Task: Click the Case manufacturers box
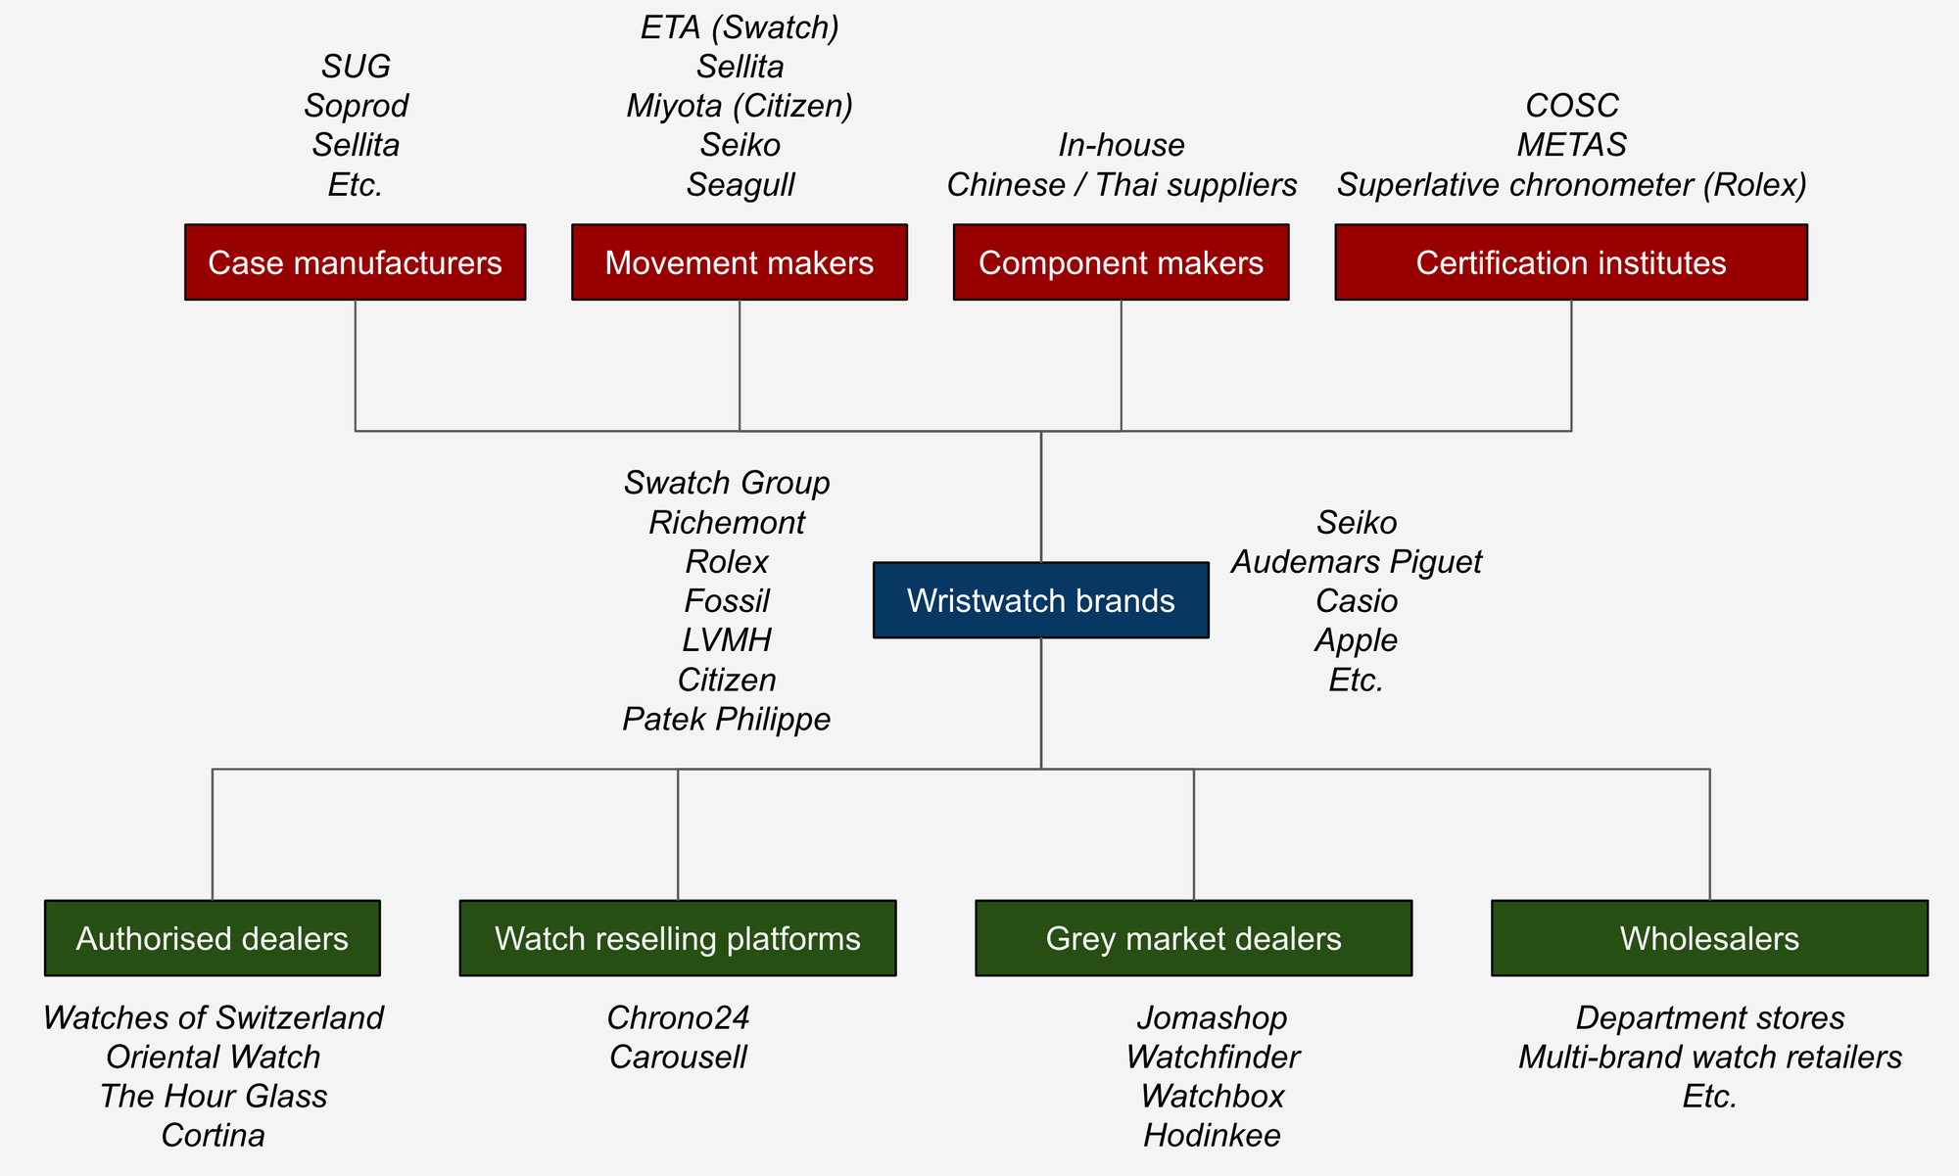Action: point(355,262)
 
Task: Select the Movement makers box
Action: point(739,262)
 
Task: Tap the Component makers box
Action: point(1121,262)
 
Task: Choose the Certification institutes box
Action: point(1570,262)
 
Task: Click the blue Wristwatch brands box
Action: point(1040,600)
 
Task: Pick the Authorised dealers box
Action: point(212,938)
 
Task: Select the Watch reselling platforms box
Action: point(677,938)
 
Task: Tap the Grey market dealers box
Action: point(1193,938)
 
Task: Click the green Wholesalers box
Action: point(1709,938)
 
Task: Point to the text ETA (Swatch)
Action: point(740,27)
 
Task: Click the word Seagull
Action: point(740,184)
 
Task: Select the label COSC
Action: point(1571,106)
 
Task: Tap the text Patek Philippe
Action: point(726,719)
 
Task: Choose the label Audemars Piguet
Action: point(1356,562)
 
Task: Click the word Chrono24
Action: point(678,1017)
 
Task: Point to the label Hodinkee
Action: point(1212,1135)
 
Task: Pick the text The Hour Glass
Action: point(213,1096)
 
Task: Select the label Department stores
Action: point(1709,1017)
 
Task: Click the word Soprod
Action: point(356,106)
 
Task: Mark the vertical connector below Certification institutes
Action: point(1571,364)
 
